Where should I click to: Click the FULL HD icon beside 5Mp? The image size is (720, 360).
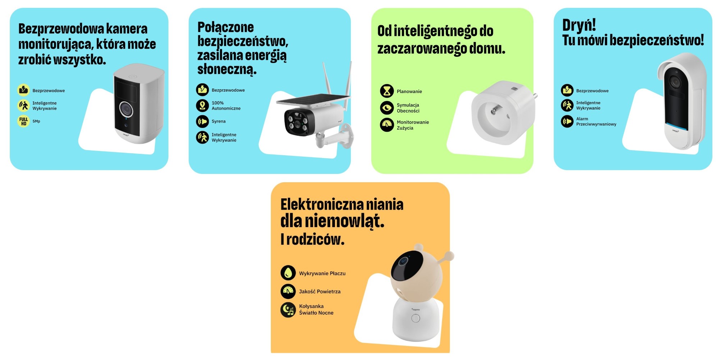tap(23, 121)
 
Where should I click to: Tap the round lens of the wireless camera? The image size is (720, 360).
tap(126, 109)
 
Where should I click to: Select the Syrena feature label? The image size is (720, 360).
tap(219, 121)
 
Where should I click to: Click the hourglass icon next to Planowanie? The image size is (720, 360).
tap(387, 91)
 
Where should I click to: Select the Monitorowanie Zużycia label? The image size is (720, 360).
tap(412, 125)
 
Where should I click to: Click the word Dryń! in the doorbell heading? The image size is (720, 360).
tap(579, 25)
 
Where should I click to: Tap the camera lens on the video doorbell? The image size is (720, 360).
tap(675, 82)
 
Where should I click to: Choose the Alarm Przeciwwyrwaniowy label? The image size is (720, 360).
tap(596, 121)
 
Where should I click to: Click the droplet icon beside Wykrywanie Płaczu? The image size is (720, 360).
tap(288, 273)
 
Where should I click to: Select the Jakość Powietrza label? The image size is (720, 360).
tap(320, 291)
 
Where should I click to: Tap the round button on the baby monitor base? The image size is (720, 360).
tap(415, 318)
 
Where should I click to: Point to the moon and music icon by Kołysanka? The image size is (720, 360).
tap(288, 309)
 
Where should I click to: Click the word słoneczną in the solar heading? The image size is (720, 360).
tap(226, 69)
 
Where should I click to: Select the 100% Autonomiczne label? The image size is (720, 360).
tap(226, 106)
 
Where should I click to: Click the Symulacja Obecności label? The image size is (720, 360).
tap(408, 108)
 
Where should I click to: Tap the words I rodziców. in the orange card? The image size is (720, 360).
tap(312, 239)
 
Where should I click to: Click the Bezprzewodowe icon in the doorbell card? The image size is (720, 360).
tap(567, 90)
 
